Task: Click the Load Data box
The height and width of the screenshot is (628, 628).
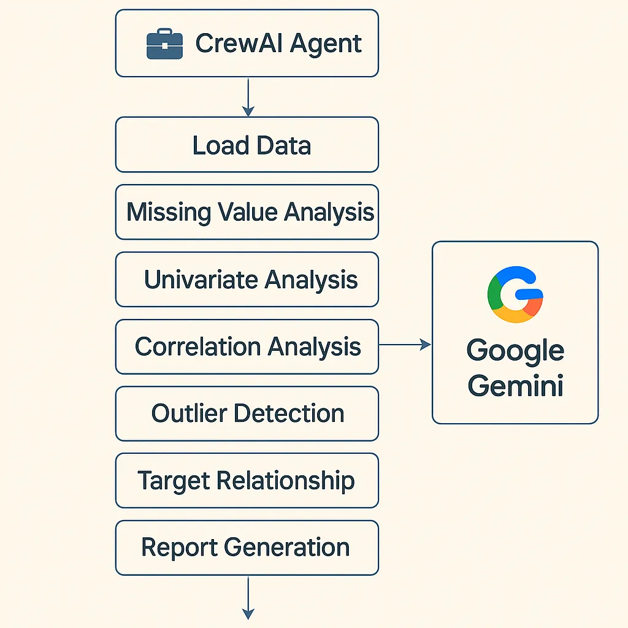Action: pyautogui.click(x=247, y=145)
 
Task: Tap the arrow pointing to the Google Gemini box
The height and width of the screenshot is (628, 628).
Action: pyautogui.click(x=405, y=345)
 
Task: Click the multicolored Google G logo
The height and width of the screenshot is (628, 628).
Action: pyautogui.click(x=515, y=294)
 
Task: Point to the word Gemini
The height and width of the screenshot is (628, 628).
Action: pyautogui.click(x=515, y=386)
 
